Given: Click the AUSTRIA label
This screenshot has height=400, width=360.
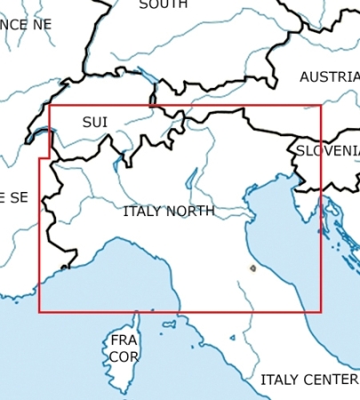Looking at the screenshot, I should point(329,77).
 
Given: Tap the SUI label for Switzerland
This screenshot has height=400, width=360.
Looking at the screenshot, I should point(94,122).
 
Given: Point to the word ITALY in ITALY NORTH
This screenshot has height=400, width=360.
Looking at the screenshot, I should point(141,212).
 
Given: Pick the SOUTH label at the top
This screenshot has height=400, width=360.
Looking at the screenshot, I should point(163,4).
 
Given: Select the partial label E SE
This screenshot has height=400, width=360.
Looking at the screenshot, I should point(13,197).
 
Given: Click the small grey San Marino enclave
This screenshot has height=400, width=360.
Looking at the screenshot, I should point(253,267).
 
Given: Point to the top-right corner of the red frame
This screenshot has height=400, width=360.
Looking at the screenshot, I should point(321,106).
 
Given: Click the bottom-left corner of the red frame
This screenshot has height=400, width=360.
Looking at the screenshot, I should point(39,312).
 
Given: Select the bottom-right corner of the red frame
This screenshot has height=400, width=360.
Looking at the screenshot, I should point(321,312).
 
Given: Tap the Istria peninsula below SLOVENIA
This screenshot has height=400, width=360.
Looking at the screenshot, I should point(308,210).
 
